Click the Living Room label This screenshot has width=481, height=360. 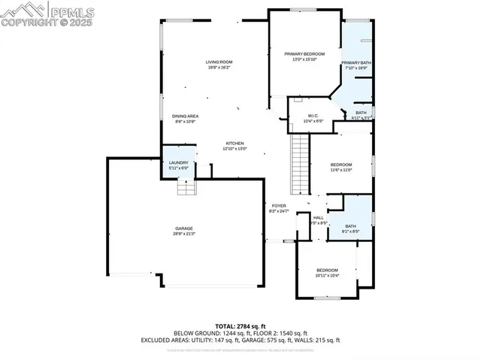tap(219, 62)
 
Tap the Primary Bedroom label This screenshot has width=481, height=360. tap(304, 54)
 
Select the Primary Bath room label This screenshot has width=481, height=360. tap(356, 62)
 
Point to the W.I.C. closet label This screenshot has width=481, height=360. tap(314, 115)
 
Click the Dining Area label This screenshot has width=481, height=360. tap(185, 116)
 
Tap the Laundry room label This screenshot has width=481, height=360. tap(178, 162)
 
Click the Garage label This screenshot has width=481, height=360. tap(184, 228)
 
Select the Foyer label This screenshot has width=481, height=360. tap(279, 205)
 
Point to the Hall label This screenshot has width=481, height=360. tap(319, 218)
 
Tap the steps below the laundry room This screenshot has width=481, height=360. tap(187, 187)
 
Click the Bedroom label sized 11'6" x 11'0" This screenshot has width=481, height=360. tap(341, 165)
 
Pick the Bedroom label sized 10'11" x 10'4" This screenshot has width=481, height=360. tap(327, 270)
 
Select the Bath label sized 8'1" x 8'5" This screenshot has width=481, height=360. tap(350, 226)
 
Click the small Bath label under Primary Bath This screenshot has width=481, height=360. tap(362, 113)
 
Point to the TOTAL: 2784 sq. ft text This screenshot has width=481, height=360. tap(240, 325)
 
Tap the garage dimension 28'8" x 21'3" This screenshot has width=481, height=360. tap(184, 234)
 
